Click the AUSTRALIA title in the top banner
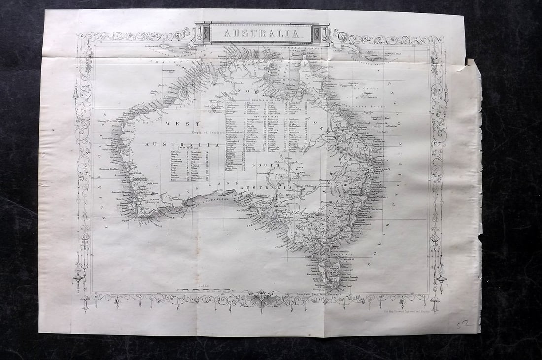(262, 34)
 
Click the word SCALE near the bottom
(203, 286)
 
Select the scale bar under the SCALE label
(203, 290)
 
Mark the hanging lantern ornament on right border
(441, 280)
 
